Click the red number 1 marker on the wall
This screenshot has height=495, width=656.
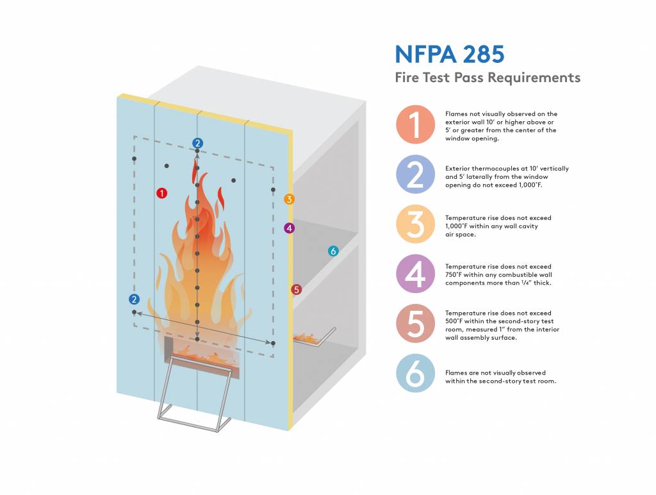pyautogui.click(x=162, y=192)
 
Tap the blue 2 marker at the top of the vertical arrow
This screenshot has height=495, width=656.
pyautogui.click(x=197, y=142)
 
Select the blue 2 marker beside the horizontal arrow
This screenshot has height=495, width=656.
pyautogui.click(x=134, y=299)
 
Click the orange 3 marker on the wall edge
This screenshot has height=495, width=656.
pyautogui.click(x=290, y=199)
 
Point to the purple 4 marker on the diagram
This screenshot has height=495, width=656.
pyautogui.click(x=290, y=228)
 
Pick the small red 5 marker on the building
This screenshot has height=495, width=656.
pyautogui.click(x=295, y=290)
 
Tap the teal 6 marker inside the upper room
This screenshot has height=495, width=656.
pyautogui.click(x=332, y=251)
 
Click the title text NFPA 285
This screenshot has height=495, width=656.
pyautogui.click(x=449, y=54)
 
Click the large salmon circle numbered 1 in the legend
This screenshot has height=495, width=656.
pyautogui.click(x=416, y=124)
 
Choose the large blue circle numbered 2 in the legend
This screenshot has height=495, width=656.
pyautogui.click(x=416, y=174)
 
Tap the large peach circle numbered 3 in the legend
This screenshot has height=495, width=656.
pyautogui.click(x=416, y=224)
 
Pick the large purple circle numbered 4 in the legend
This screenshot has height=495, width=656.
pyautogui.click(x=416, y=274)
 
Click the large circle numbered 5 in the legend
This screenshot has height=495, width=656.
pyautogui.click(x=416, y=323)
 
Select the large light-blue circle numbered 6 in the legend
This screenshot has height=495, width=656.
pyautogui.click(x=416, y=374)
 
